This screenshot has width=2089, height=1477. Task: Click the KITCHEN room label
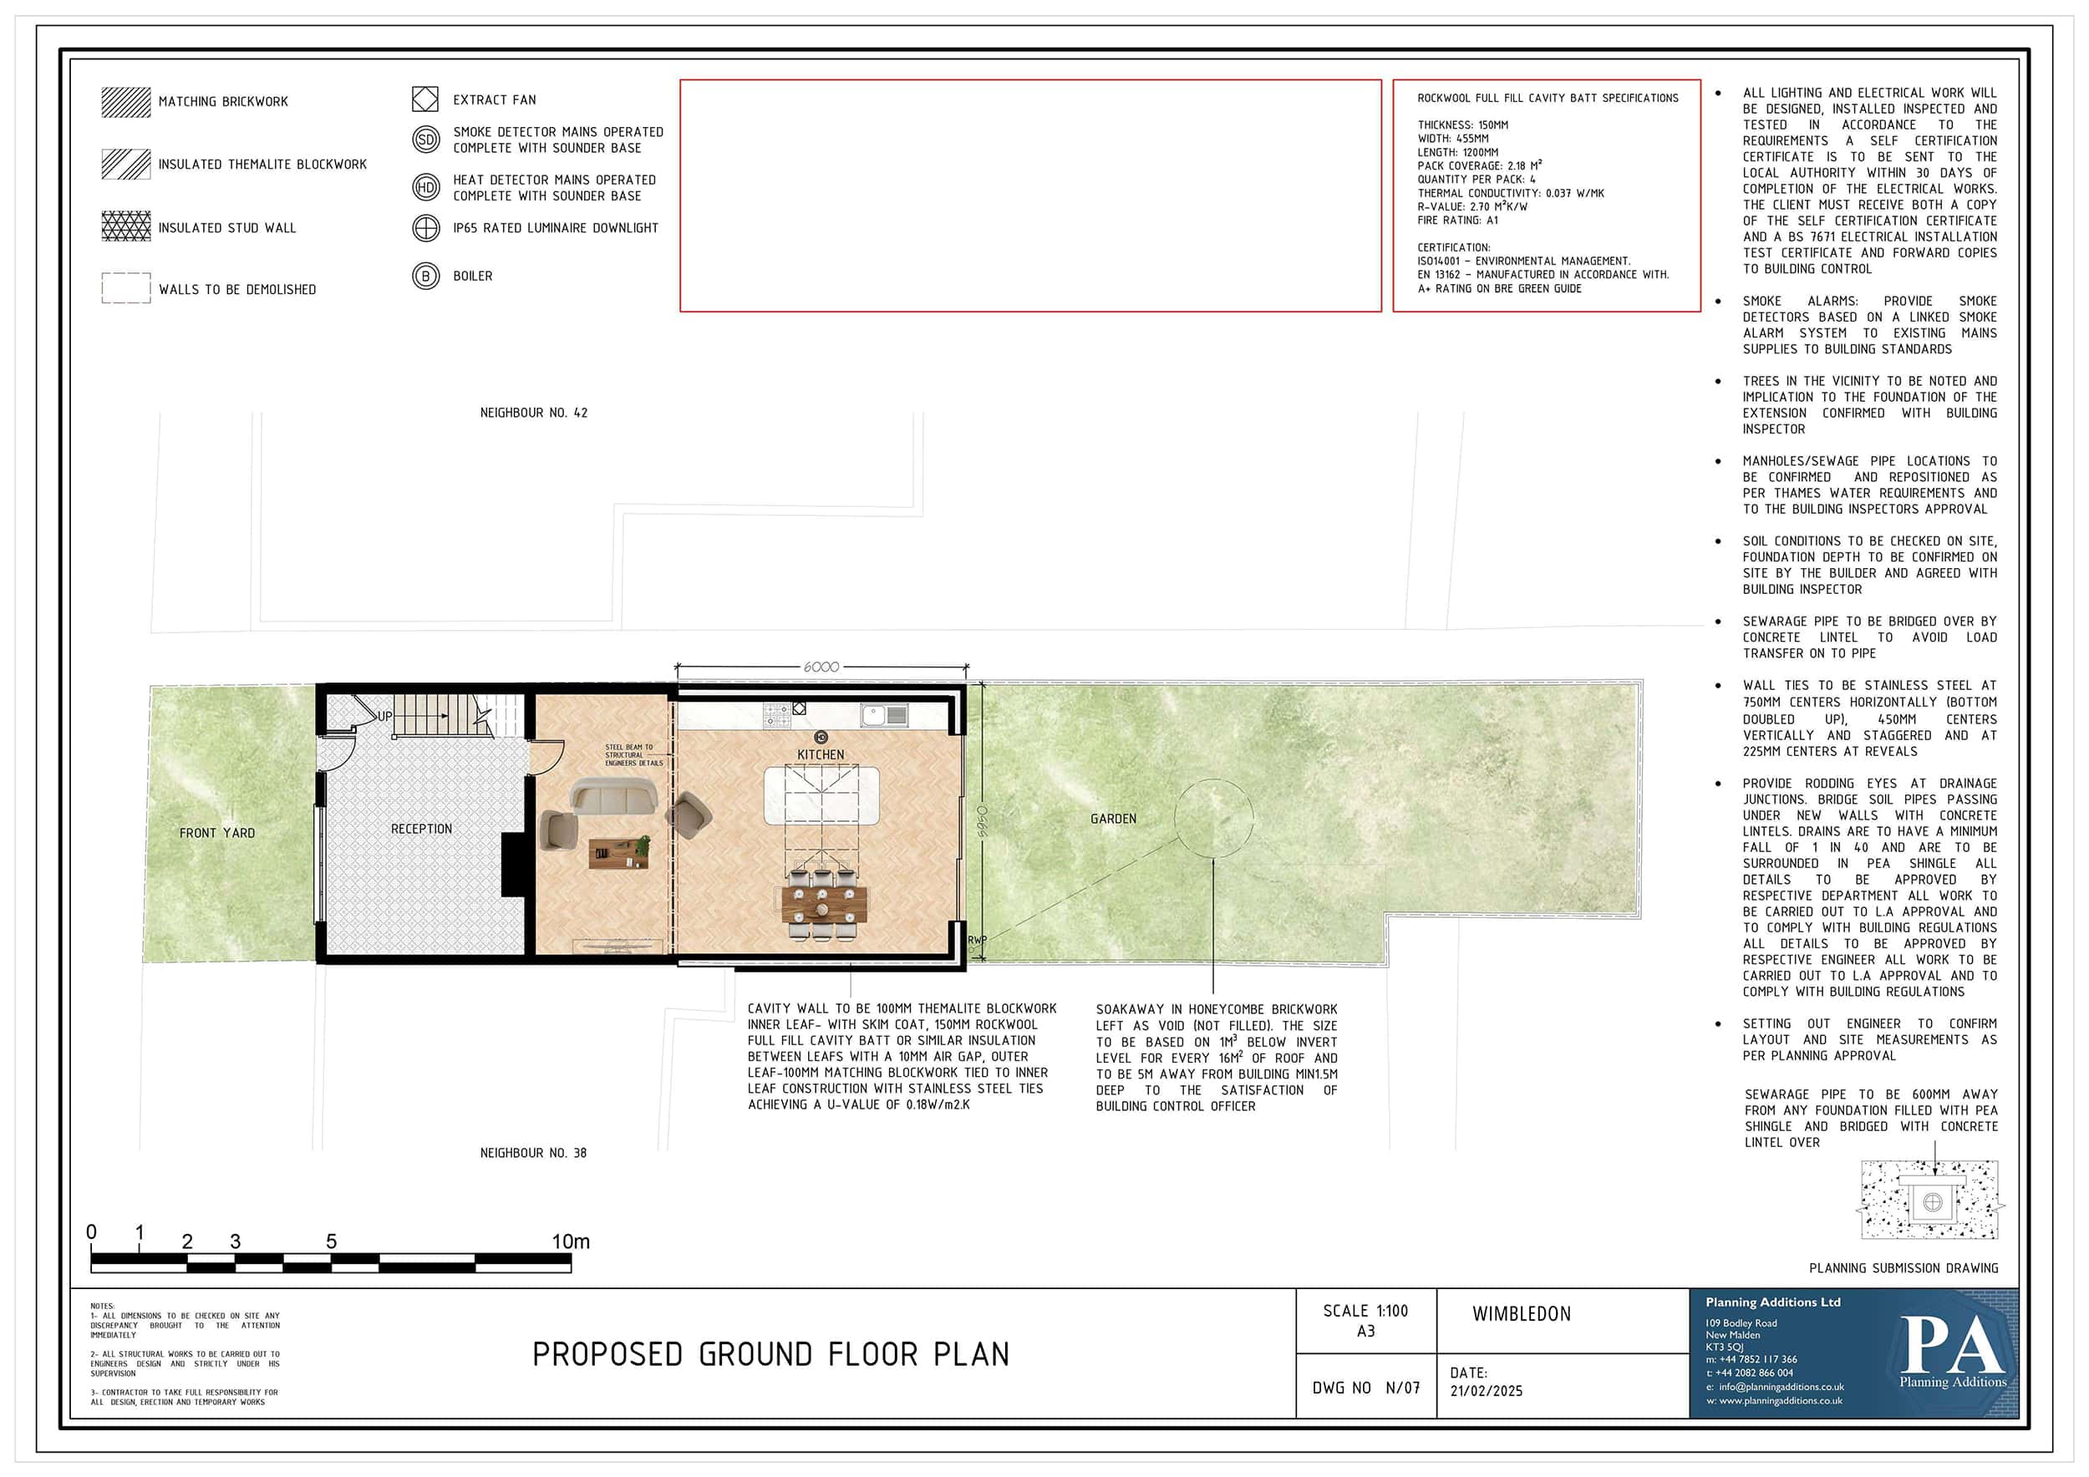point(821,755)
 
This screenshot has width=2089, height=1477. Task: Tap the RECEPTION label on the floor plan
point(421,829)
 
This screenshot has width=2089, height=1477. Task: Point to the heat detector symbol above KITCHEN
point(821,737)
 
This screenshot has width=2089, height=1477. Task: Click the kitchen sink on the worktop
point(885,716)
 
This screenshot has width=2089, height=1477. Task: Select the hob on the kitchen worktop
point(777,716)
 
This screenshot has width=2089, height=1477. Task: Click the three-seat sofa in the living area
point(614,798)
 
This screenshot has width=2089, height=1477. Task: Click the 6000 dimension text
point(821,667)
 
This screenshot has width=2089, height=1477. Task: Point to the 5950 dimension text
point(982,822)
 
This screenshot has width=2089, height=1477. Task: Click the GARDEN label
point(1114,819)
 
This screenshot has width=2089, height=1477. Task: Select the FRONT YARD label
point(217,832)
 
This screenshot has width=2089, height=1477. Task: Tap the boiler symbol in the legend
point(426,276)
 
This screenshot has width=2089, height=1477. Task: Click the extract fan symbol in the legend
point(426,99)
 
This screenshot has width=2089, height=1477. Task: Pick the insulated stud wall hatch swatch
point(126,226)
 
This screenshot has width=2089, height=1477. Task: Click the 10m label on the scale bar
point(571,1241)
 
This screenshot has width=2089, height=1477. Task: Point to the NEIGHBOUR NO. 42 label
point(534,413)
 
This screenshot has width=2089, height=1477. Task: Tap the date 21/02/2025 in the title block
point(1486,1391)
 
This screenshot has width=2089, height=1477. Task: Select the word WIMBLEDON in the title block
point(1522,1314)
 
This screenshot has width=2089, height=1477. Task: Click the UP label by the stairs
point(385,716)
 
